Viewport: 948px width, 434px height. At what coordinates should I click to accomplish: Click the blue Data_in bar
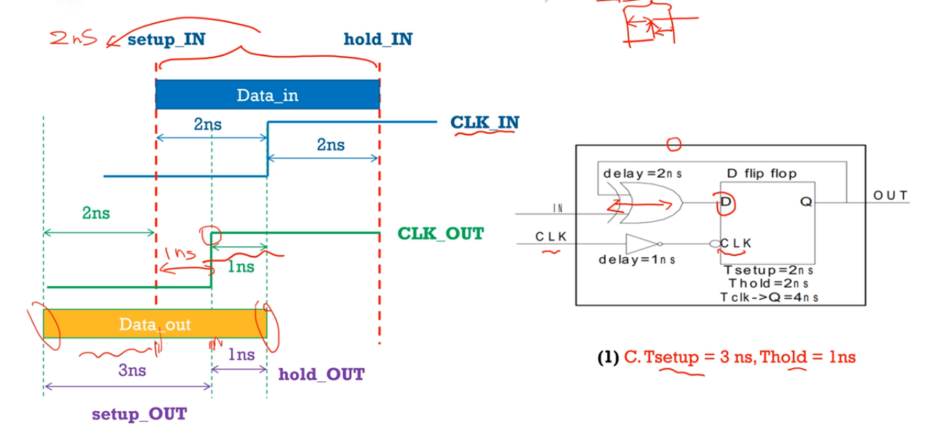(267, 95)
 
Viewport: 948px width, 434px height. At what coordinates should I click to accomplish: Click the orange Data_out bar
(155, 324)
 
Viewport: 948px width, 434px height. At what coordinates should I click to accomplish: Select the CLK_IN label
(484, 123)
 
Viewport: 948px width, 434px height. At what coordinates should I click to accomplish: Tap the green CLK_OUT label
(440, 234)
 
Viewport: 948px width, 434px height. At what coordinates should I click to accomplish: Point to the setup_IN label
(166, 40)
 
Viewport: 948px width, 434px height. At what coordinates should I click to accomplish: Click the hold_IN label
(378, 40)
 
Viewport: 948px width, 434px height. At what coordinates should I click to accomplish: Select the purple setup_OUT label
(139, 415)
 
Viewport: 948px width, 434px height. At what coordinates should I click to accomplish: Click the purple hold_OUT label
(321, 375)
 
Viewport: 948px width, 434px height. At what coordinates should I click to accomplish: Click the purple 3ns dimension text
(132, 370)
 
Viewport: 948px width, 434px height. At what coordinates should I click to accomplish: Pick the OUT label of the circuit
(890, 196)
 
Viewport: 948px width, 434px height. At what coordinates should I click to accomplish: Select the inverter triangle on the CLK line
(641, 244)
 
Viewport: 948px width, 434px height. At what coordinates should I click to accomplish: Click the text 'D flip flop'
(761, 173)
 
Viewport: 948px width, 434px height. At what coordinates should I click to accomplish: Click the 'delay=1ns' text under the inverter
(636, 260)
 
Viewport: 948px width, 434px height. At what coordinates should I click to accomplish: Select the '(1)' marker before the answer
(607, 358)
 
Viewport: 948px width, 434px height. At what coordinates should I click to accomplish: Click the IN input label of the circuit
(557, 208)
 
